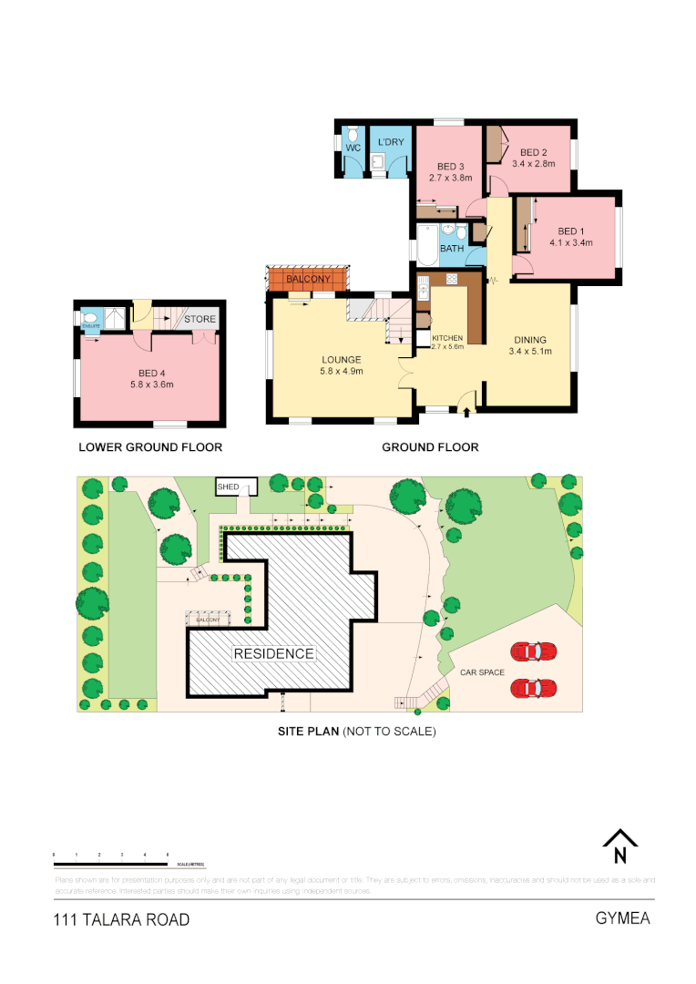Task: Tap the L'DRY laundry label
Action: [391, 142]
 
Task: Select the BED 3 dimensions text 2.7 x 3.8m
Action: [450, 178]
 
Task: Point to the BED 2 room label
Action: [533, 152]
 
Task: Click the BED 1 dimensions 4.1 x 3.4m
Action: [571, 243]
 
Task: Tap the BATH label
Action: [452, 248]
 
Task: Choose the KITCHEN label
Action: [447, 337]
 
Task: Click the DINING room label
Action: [528, 340]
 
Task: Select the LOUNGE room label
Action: [341, 359]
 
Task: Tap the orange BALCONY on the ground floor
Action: [308, 279]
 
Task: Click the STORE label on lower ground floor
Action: [200, 319]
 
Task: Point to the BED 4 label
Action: [151, 373]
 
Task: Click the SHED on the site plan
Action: [228, 487]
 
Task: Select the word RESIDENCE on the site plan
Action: [273, 653]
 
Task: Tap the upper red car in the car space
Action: [534, 651]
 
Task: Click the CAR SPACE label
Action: [482, 671]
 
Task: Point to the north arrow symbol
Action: [619, 847]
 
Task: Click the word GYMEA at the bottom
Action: [622, 917]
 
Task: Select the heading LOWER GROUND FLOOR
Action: [150, 447]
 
